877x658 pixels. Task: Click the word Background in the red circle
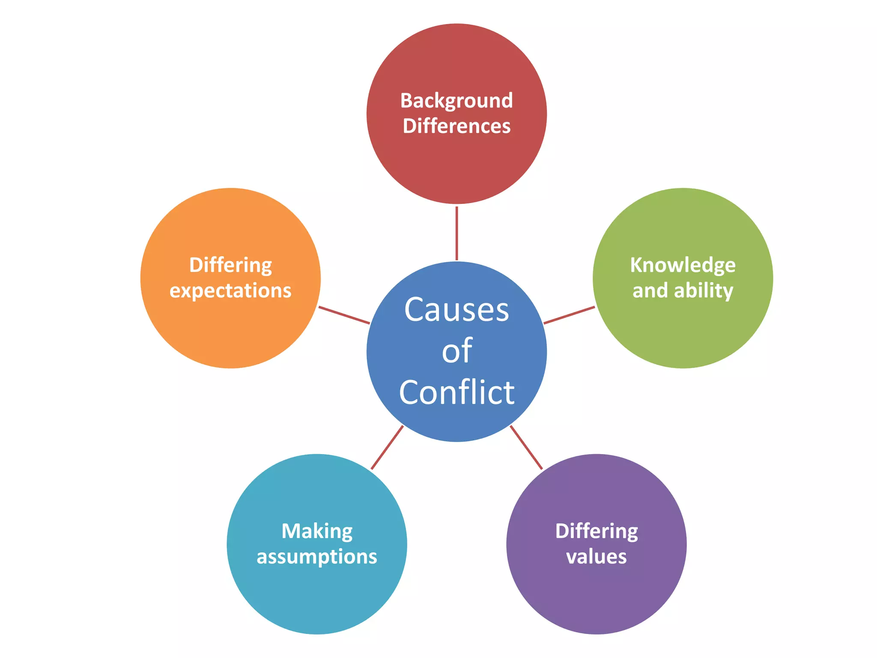click(456, 101)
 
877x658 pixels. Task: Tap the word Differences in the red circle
click(456, 126)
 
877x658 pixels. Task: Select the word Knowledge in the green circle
click(683, 265)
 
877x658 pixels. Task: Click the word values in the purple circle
click(596, 556)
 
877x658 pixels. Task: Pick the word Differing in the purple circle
click(597, 531)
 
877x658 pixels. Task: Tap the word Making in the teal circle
click(317, 531)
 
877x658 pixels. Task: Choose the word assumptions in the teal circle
click(317, 557)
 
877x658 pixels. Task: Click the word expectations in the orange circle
click(230, 291)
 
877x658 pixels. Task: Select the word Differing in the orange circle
click(230, 265)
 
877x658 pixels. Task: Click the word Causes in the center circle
click(456, 309)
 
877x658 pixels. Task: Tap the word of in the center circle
click(457, 350)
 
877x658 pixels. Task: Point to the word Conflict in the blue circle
click(456, 392)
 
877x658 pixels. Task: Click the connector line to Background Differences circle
click(456, 233)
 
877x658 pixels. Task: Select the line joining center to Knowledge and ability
click(569, 315)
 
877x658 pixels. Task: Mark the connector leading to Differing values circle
click(526, 447)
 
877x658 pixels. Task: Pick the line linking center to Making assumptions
click(387, 447)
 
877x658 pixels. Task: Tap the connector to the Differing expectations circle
click(344, 315)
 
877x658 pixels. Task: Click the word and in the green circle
click(650, 291)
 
